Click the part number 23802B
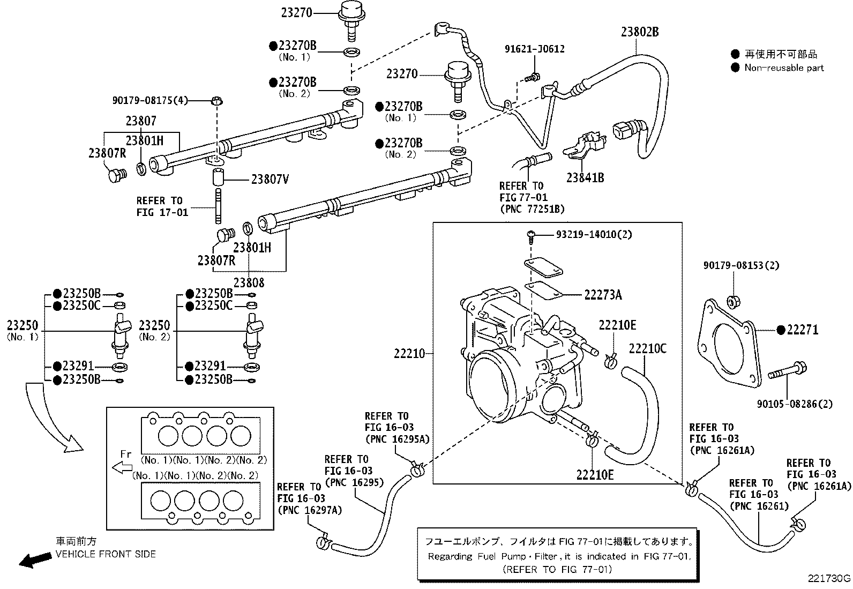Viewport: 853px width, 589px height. (640, 32)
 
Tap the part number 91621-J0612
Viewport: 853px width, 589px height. (534, 49)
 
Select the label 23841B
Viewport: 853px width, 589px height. (585, 177)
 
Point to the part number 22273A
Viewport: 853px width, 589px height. (603, 295)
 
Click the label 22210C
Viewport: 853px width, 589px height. (647, 348)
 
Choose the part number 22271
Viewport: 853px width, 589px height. (803, 330)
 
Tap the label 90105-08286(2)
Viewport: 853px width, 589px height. (795, 404)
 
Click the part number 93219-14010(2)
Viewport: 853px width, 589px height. (594, 234)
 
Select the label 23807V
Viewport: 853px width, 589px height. (270, 179)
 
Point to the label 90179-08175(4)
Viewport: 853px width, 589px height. (150, 100)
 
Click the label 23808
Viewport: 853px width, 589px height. (249, 282)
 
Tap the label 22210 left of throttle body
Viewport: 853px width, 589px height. (409, 354)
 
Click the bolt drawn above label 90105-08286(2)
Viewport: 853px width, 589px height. (788, 371)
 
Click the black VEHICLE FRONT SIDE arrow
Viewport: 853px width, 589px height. (35, 560)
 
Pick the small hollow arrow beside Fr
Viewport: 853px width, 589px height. (122, 468)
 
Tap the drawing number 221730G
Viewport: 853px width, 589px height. (829, 578)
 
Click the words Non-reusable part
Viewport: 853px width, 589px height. (784, 68)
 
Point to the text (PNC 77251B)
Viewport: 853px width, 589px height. (533, 209)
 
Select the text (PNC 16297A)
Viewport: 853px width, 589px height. (310, 510)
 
